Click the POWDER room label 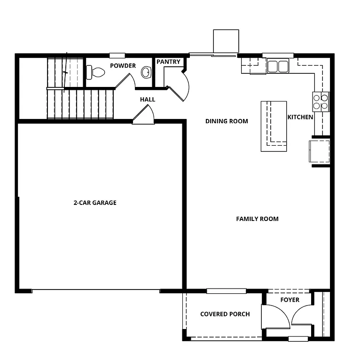[x=123, y=66]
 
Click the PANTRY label [x=168, y=62]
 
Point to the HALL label [x=148, y=100]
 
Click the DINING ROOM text [x=227, y=121]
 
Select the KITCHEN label [x=300, y=117]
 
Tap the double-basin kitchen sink [x=277, y=66]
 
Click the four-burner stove [x=321, y=101]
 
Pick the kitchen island [x=274, y=126]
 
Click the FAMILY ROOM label [x=257, y=219]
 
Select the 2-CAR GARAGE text [x=95, y=203]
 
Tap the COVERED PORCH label [x=225, y=314]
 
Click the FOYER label [x=290, y=300]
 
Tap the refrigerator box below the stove [x=319, y=151]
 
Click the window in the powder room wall [x=117, y=55]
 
